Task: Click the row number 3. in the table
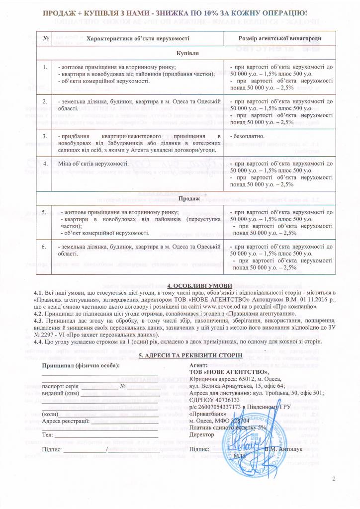(x=45, y=136)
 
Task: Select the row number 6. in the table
(x=45, y=246)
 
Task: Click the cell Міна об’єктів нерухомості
(x=93, y=163)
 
